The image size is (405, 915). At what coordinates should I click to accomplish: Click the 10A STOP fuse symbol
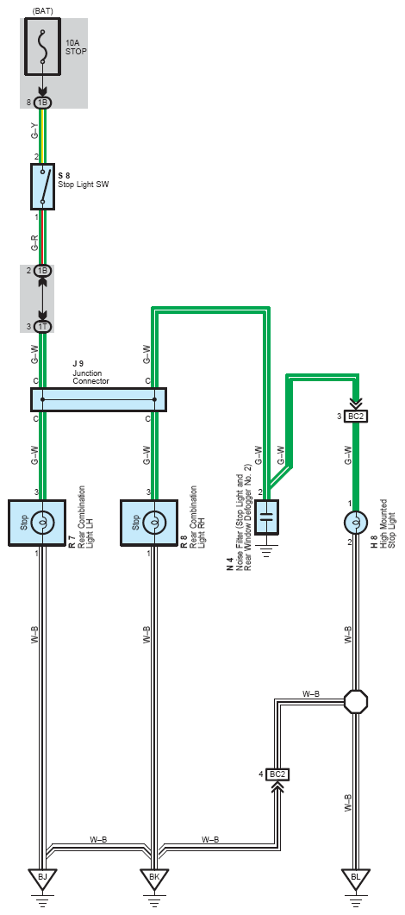pyautogui.click(x=42, y=46)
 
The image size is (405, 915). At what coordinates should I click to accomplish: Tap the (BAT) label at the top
pyautogui.click(x=42, y=10)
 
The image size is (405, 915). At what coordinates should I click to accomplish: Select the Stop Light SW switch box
pyautogui.click(x=42, y=186)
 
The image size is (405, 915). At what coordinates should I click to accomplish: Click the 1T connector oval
pyautogui.click(x=42, y=327)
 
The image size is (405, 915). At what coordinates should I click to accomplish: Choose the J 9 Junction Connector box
pyautogui.click(x=98, y=400)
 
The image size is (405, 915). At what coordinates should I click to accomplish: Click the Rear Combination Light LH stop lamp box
pyautogui.click(x=36, y=523)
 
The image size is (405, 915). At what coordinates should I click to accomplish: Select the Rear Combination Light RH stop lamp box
pyautogui.click(x=148, y=523)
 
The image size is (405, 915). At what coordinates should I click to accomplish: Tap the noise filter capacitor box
pyautogui.click(x=267, y=516)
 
